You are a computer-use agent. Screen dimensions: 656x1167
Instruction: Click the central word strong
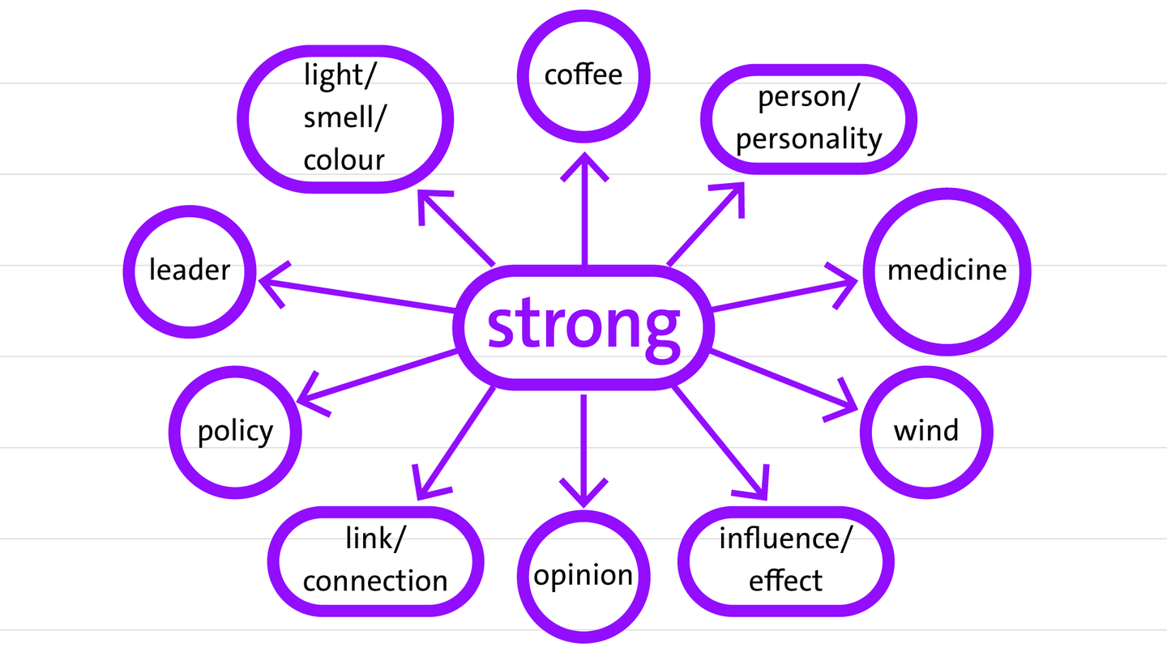point(583,325)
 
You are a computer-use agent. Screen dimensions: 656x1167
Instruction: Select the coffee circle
point(583,75)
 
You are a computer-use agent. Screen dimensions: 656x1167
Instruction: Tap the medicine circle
point(947,270)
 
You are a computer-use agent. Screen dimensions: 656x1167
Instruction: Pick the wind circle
point(925,429)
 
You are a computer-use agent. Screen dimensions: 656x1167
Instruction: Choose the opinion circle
point(583,575)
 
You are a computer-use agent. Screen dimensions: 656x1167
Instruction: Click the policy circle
point(235,430)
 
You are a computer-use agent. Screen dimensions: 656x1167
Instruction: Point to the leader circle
point(190,270)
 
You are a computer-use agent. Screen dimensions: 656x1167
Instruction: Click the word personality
point(809,139)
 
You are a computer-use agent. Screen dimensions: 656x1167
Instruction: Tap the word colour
point(344,160)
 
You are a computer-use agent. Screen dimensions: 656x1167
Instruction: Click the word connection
point(375,580)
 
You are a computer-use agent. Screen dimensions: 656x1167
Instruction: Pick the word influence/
point(785,538)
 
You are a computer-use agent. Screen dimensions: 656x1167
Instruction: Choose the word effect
point(785,580)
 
